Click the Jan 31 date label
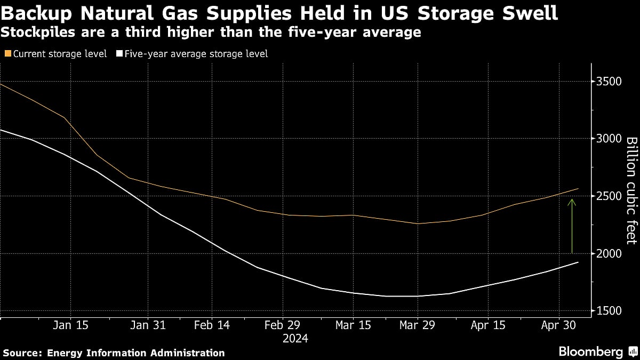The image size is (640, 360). point(148,325)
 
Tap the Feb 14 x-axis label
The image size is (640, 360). point(212,325)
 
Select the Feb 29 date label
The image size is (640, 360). point(283,325)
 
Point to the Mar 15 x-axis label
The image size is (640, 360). point(353,325)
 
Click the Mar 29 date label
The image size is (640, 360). point(418,325)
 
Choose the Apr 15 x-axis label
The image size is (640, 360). point(488,325)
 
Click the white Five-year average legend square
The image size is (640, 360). point(119,54)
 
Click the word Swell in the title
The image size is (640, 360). point(525,12)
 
